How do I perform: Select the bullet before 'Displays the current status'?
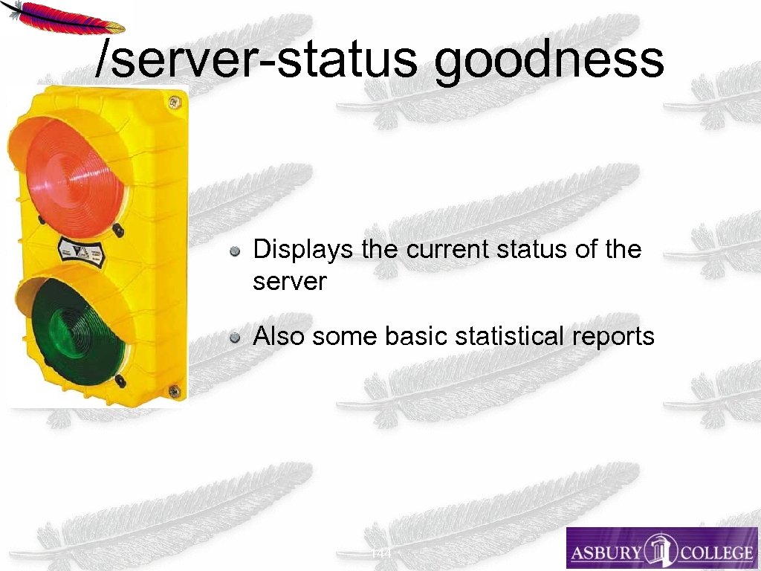tap(235, 251)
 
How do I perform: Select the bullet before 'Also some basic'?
tap(235, 338)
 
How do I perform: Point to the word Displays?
tap(303, 250)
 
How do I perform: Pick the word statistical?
tap(513, 337)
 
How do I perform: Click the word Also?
tap(279, 337)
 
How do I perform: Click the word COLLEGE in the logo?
tap(710, 552)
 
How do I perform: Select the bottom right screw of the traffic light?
tap(173, 389)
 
